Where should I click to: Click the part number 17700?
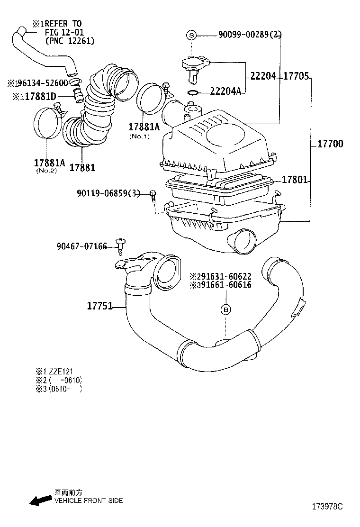pos(330,144)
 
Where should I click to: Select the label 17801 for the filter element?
pos(295,180)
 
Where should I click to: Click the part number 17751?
pos(99,306)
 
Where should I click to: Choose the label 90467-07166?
pos(81,246)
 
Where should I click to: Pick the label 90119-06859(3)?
pos(108,193)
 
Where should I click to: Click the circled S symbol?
pos(191,35)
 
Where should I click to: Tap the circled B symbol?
pos(226,309)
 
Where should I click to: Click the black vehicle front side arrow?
pos(40,500)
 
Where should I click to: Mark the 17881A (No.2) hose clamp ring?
pos(48,124)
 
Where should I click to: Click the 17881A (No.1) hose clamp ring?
pos(151,99)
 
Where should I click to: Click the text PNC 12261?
pos(70,41)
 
